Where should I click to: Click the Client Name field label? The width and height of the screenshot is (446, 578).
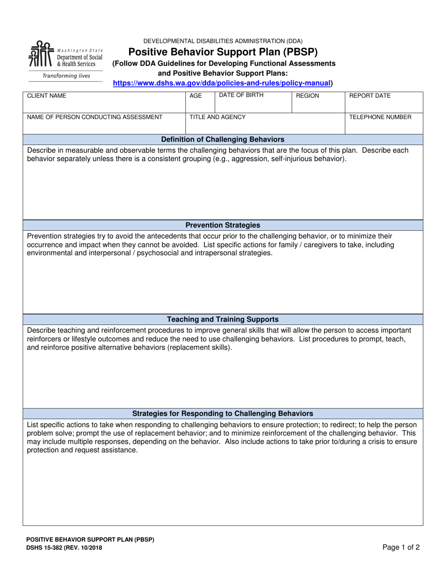click(46, 96)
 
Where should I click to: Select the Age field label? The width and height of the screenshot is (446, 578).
click(195, 96)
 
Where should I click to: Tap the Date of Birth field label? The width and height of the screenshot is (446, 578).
click(241, 95)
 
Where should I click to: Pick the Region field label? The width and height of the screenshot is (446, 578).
click(308, 96)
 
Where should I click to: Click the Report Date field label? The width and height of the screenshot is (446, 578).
click(370, 96)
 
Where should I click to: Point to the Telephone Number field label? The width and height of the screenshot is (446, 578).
click(380, 117)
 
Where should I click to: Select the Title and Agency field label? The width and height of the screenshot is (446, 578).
click(217, 117)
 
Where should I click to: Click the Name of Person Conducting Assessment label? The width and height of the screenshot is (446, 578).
click(95, 117)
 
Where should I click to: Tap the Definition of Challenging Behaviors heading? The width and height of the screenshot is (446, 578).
click(223, 140)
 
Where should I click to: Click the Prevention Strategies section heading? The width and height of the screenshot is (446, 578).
click(223, 225)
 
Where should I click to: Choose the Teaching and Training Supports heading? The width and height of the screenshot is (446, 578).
click(223, 319)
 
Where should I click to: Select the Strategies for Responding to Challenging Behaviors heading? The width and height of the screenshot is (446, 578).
click(223, 414)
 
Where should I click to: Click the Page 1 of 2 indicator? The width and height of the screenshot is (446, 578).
click(401, 547)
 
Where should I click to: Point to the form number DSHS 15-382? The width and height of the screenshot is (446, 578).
click(64, 548)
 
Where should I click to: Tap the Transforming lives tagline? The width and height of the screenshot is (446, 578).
click(66, 76)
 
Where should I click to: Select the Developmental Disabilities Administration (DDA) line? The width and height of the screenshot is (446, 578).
click(223, 41)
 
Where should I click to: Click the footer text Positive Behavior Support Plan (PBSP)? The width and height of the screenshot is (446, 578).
click(90, 540)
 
